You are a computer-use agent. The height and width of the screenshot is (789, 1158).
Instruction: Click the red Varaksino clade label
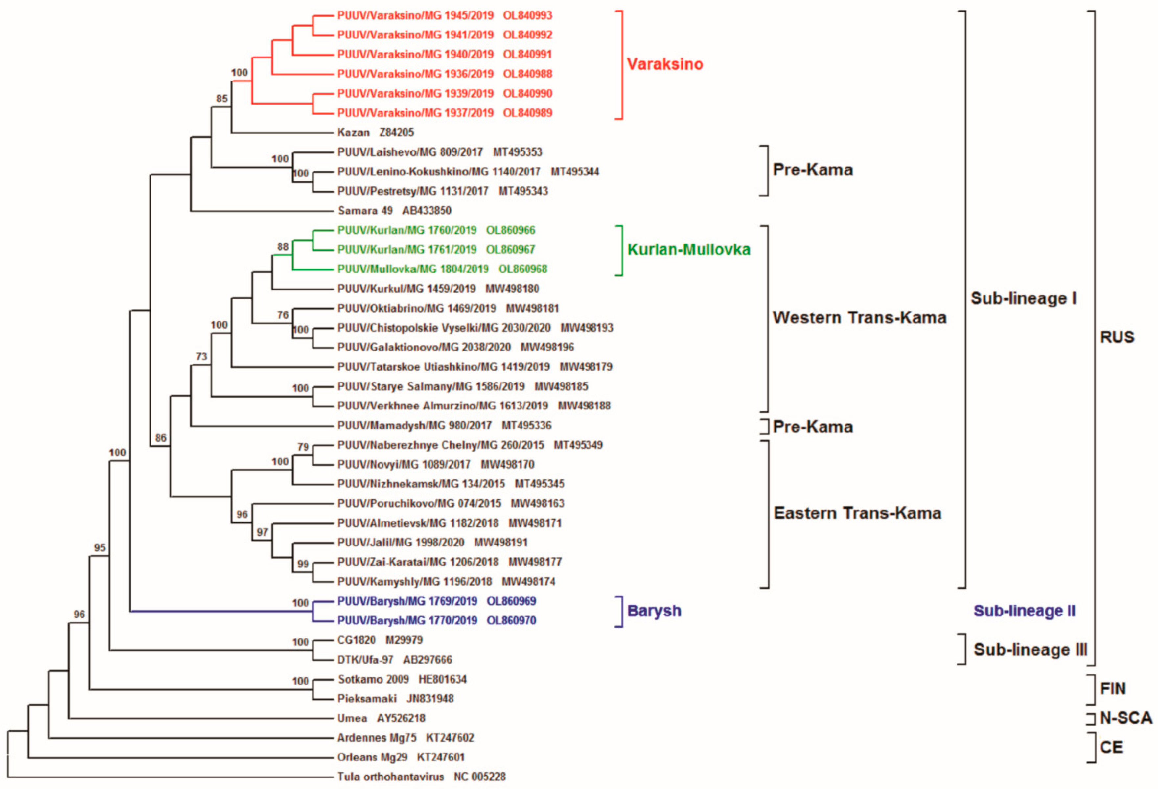[665, 64]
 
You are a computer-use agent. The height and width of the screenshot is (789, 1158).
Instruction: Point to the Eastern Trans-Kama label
[857, 513]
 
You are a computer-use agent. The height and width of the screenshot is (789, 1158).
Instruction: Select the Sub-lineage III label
[1030, 649]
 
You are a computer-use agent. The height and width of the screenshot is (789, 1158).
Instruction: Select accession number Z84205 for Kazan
[397, 132]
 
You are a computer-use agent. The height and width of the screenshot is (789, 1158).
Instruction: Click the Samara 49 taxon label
[365, 211]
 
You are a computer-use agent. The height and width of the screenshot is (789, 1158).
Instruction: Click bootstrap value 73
[201, 356]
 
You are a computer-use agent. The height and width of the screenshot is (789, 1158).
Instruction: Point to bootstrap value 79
[303, 447]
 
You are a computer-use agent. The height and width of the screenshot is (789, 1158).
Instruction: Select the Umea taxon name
[352, 718]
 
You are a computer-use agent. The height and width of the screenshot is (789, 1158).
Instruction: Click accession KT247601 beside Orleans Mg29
[440, 757]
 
